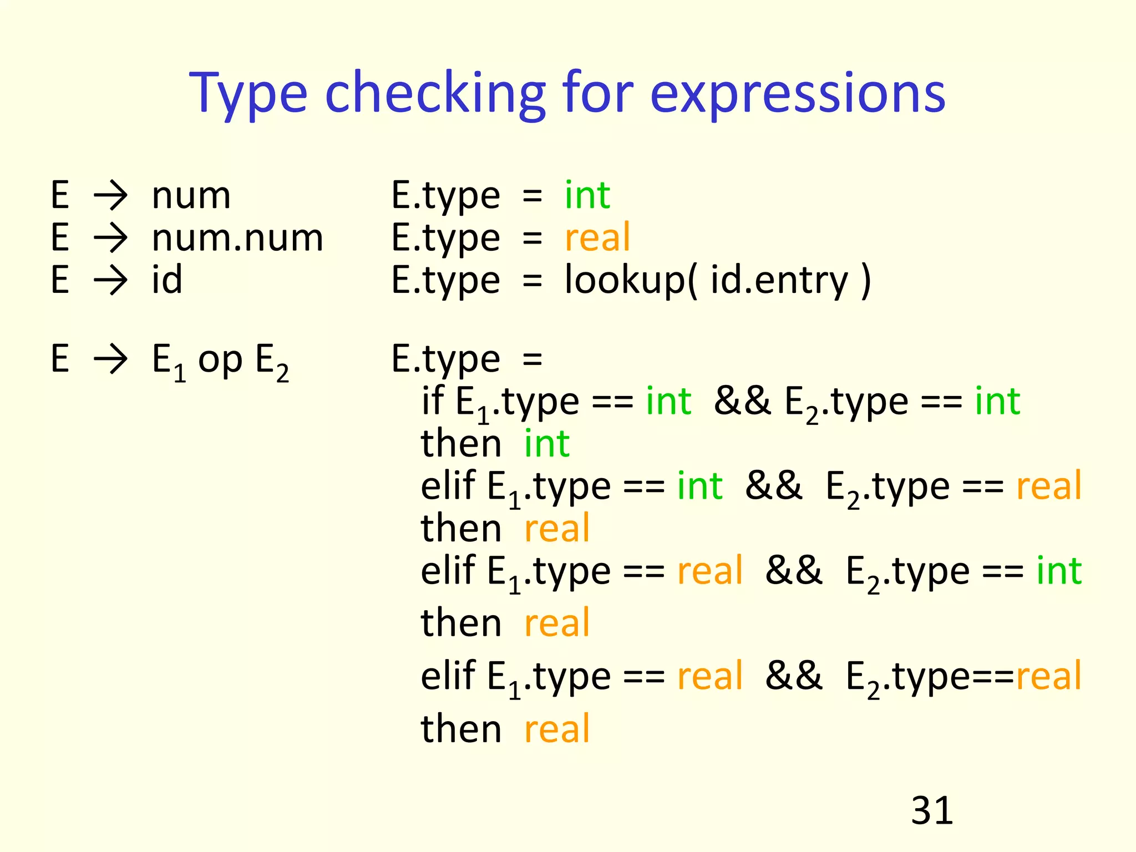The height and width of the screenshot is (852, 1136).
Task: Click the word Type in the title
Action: pyautogui.click(x=248, y=94)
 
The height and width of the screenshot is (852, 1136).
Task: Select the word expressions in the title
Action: pyautogui.click(x=797, y=94)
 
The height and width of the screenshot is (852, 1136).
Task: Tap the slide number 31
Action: pyautogui.click(x=932, y=810)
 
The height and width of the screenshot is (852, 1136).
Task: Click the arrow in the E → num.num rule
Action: pyautogui.click(x=111, y=238)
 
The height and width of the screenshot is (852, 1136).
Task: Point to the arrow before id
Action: pyautogui.click(x=111, y=280)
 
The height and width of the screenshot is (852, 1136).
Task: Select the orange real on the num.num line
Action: pyautogui.click(x=597, y=237)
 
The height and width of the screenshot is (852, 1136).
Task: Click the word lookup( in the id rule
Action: pyautogui.click(x=630, y=280)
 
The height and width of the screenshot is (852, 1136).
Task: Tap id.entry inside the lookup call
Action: pyautogui.click(x=779, y=280)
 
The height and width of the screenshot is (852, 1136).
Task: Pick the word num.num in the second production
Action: pyautogui.click(x=237, y=238)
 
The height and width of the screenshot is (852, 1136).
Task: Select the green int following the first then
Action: pyautogui.click(x=547, y=444)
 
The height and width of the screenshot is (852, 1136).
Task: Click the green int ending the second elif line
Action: pyautogui.click(x=1059, y=571)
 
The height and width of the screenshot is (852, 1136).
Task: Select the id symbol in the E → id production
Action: pyautogui.click(x=167, y=280)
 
